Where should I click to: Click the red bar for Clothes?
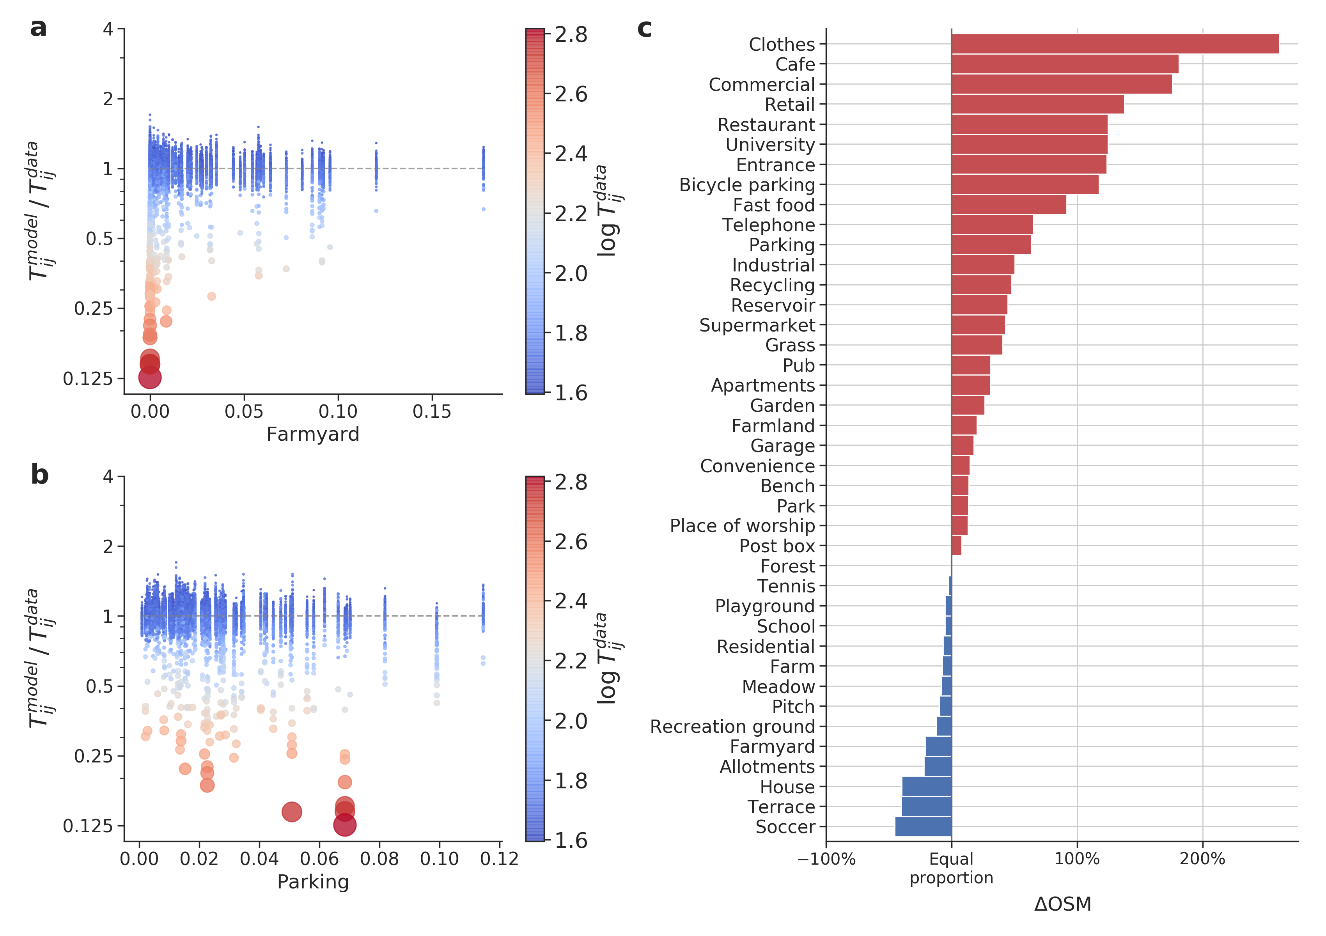coord(1115,44)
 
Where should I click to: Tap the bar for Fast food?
coord(1009,204)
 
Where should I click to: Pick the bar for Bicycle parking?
coord(1025,185)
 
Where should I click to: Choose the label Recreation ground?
coord(732,727)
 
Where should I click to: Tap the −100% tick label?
coord(826,859)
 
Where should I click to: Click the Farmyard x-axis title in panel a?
coord(313,434)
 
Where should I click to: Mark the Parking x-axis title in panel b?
coord(313,882)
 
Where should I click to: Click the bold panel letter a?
coord(38,28)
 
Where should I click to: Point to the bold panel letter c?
coord(645,28)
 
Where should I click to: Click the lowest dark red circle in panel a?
coord(150,378)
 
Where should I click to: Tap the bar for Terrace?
coord(926,807)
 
